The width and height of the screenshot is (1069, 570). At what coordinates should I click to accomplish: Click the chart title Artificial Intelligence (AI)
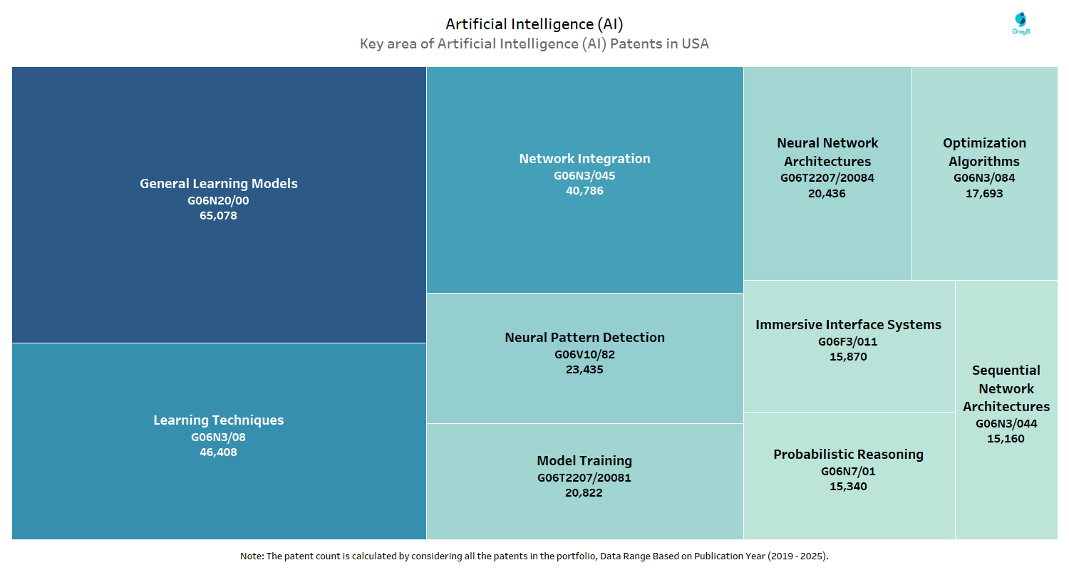(534, 24)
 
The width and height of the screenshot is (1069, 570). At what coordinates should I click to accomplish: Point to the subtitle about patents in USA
(534, 44)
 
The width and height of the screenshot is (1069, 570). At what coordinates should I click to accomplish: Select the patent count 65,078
(218, 216)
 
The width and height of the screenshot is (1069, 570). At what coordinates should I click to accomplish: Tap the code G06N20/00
(218, 200)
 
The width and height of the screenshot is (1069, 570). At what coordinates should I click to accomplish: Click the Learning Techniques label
(218, 420)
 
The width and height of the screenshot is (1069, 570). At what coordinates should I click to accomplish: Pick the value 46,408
(218, 452)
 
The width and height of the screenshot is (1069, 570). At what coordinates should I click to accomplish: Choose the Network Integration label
(584, 159)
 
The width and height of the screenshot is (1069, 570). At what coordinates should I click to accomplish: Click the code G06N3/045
(584, 175)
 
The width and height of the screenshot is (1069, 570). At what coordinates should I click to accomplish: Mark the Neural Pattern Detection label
(584, 338)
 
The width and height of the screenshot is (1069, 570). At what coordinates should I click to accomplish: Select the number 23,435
(584, 370)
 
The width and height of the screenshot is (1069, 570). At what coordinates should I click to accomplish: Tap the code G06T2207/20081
(584, 477)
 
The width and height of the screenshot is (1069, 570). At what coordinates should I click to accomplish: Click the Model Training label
(584, 461)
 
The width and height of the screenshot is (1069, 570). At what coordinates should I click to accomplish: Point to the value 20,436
(827, 193)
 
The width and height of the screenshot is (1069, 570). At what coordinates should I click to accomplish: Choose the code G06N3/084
(984, 177)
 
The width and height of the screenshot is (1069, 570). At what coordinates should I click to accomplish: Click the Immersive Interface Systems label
(848, 325)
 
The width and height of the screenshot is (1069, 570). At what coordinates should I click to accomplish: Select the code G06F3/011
(848, 341)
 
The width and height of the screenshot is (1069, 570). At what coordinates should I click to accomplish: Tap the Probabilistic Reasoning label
(848, 455)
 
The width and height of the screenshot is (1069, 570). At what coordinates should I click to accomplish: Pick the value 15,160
(1006, 439)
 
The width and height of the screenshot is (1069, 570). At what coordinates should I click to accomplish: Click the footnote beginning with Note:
(534, 556)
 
